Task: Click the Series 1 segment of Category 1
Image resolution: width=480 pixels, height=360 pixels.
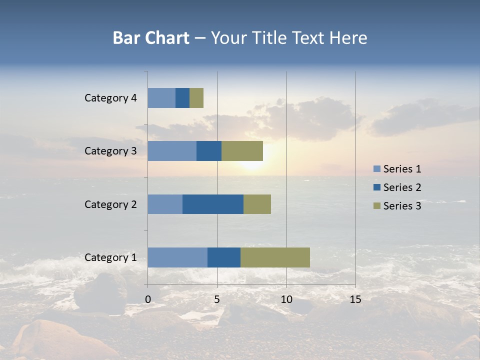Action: pos(177,257)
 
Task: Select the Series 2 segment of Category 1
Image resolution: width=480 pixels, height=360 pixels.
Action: pos(224,257)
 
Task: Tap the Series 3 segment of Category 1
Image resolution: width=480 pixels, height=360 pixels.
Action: pos(275,257)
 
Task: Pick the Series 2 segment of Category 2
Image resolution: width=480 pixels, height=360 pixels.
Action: pos(213,204)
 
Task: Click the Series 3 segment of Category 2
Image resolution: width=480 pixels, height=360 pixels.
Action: pos(257,204)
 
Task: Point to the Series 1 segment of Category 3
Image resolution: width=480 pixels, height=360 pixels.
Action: pos(172,151)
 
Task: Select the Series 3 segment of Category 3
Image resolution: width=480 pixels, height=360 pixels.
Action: pos(242,151)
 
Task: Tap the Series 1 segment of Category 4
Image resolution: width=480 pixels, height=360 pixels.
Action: pos(161,98)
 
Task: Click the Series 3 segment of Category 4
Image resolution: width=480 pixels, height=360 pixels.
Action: pos(196,98)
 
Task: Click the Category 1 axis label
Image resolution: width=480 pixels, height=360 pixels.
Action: pos(110,257)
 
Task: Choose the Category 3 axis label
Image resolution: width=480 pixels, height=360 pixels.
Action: pos(110,151)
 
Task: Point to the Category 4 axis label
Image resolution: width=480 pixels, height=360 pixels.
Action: pos(110,98)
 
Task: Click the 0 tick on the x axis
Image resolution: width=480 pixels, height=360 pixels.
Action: pos(148,299)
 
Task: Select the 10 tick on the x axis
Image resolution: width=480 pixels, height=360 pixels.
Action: pos(286,299)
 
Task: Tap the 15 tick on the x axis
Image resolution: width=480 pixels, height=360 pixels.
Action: pos(355,299)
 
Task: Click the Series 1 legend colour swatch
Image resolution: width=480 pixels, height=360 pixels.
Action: pos(376,169)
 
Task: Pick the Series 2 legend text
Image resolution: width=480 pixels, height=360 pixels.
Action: pos(402,187)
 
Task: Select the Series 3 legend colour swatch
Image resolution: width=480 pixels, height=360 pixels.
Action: pos(376,206)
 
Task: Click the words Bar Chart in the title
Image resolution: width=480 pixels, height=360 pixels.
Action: pos(151,38)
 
